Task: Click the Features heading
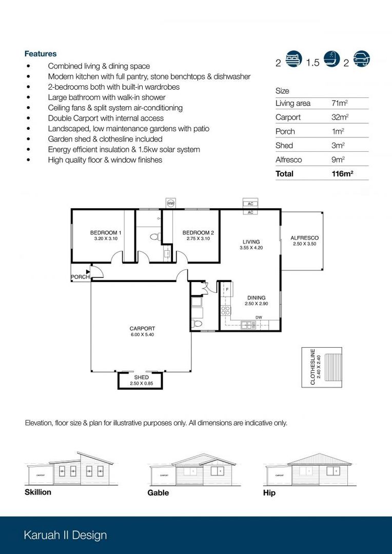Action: tap(41, 54)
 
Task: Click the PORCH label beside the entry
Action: tap(80, 277)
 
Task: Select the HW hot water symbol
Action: tap(171, 204)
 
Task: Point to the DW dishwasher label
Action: tap(259, 318)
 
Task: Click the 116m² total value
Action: tap(343, 174)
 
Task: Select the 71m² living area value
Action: tap(340, 104)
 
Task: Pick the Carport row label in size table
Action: tap(288, 117)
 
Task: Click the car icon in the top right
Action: tap(361, 60)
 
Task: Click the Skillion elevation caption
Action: tap(38, 492)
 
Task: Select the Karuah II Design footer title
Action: tap(65, 535)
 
